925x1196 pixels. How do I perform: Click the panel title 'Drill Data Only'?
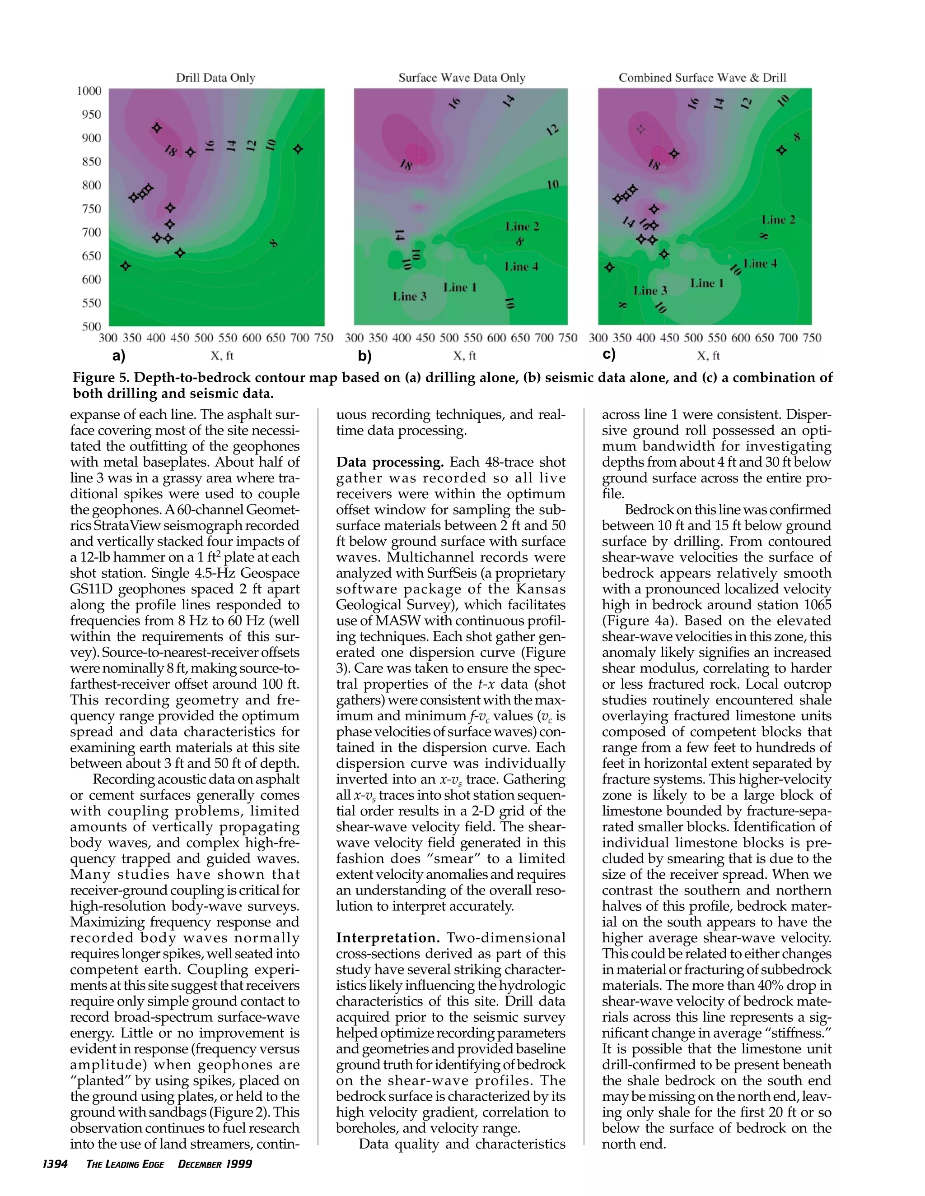point(215,78)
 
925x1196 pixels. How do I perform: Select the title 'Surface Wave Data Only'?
point(462,78)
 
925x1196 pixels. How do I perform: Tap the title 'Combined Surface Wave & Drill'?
point(702,78)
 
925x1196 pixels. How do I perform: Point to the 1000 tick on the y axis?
point(89,91)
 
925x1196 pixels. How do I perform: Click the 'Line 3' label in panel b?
point(409,296)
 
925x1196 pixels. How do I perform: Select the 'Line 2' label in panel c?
point(778,220)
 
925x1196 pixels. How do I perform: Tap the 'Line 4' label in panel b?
point(521,267)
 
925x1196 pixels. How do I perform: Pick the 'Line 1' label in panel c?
point(706,283)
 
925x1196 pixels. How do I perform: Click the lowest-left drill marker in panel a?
point(126,265)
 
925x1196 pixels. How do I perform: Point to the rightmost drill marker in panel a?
point(298,149)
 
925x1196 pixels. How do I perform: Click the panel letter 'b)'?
point(364,356)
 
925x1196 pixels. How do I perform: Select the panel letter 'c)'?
point(609,354)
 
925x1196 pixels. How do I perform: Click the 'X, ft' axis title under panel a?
point(222,356)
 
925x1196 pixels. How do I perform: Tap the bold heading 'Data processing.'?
point(390,462)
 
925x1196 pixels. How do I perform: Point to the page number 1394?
point(55,1164)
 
